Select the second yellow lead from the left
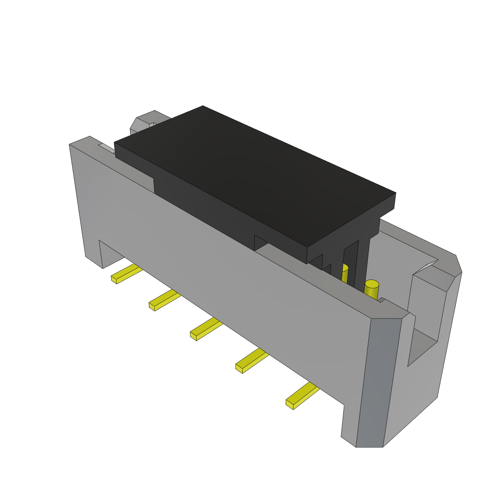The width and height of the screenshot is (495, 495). point(163,300)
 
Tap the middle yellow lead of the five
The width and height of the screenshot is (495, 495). point(205,329)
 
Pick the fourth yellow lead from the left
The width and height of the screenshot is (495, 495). point(250,361)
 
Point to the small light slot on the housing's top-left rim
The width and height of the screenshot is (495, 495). point(107,148)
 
